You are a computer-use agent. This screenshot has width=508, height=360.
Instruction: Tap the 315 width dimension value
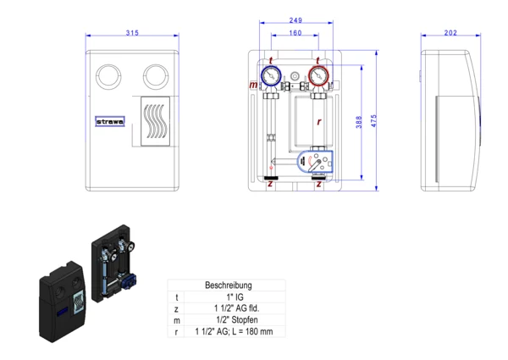tap(131, 32)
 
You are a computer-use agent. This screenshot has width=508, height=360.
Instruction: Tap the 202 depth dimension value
tap(450, 32)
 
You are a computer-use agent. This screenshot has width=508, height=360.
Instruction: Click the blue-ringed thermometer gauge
tap(271, 76)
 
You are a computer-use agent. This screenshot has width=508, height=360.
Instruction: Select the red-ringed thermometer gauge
tap(318, 76)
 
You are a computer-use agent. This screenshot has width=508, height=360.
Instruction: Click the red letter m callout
tap(253, 86)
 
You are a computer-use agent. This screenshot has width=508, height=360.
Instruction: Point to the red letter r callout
tap(318, 122)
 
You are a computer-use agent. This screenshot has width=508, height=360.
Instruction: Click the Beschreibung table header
tap(229, 286)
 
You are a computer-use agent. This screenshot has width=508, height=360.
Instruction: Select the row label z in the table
tap(177, 310)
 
